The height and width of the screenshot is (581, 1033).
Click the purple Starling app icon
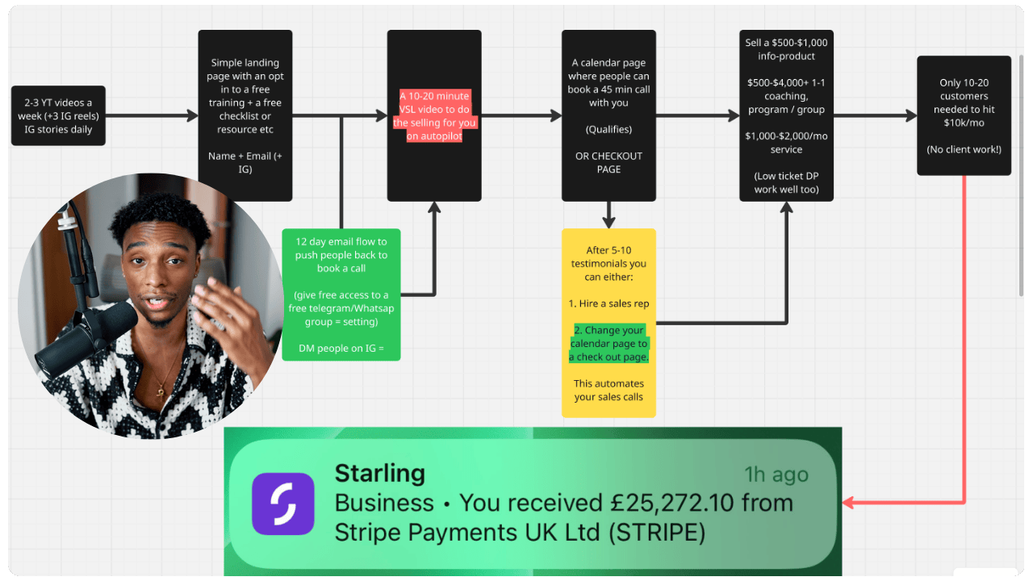point(282,504)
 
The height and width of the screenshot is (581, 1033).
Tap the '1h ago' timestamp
point(776,474)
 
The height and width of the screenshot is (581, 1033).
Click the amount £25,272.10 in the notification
point(672,503)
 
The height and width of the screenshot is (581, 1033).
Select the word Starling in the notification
point(379,474)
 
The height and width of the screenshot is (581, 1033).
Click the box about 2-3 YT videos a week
point(58,115)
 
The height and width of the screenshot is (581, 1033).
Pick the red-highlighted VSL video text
point(434,115)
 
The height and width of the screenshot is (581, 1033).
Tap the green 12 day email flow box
point(341,295)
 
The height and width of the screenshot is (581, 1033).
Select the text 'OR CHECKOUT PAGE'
point(609,163)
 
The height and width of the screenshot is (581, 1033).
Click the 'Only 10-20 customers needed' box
point(964,115)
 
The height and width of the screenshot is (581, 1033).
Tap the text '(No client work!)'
point(964,149)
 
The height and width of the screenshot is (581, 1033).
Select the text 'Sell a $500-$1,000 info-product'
point(786,49)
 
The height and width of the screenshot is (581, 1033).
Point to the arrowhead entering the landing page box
point(193,115)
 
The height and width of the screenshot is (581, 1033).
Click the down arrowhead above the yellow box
point(609,223)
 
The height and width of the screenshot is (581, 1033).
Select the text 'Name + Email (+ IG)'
point(245,163)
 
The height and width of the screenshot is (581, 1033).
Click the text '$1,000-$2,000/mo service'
point(786,143)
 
